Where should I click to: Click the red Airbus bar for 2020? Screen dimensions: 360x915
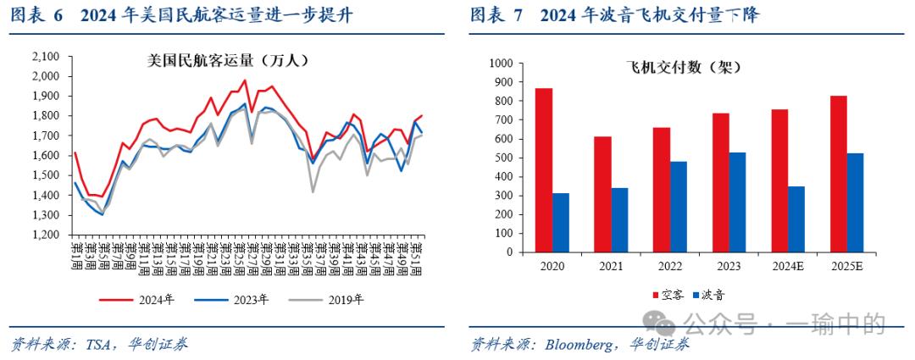pos(543,169)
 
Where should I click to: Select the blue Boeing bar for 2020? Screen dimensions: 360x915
pos(561,222)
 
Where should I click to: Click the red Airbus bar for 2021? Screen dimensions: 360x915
pos(602,194)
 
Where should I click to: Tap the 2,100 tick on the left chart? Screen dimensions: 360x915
pos(45,57)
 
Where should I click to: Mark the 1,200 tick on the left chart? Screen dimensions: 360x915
pos(45,235)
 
